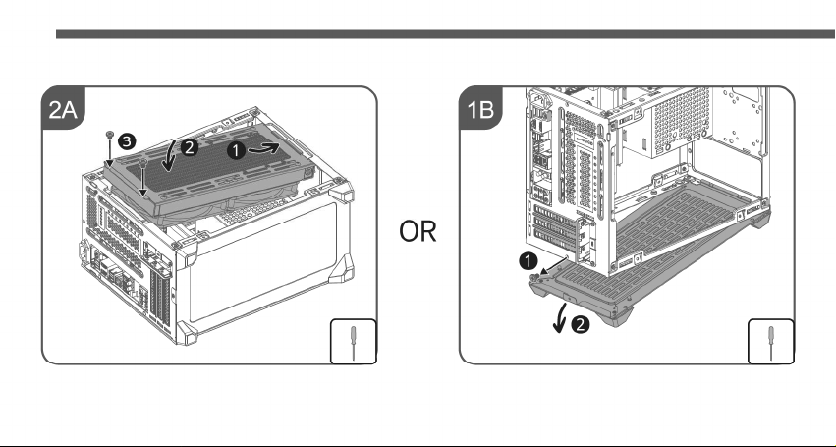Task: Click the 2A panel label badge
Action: pos(63,109)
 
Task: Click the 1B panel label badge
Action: pos(480,109)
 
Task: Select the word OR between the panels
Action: pos(418,232)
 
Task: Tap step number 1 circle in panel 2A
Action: pos(236,151)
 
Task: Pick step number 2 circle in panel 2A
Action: pos(190,147)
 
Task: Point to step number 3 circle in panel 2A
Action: pos(127,141)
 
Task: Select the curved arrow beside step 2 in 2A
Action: pos(170,157)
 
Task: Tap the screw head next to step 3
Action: pos(109,133)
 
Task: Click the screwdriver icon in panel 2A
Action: pos(354,341)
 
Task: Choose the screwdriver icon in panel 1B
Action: pos(771,341)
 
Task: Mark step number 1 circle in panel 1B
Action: pos(528,262)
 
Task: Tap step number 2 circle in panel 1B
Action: pos(580,324)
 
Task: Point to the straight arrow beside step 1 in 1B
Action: pos(554,265)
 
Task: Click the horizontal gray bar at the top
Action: pos(446,34)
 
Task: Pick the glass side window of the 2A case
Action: pos(262,261)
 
